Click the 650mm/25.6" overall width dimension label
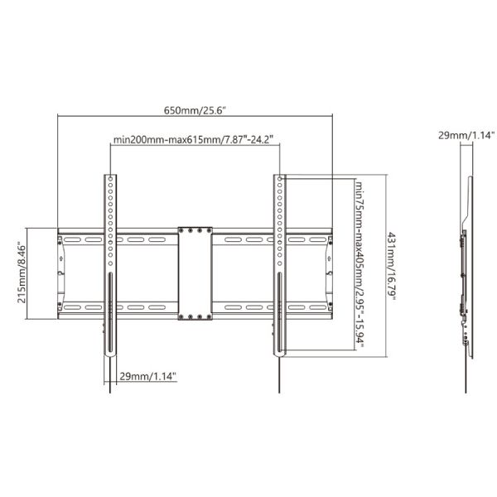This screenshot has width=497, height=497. coord(195,110)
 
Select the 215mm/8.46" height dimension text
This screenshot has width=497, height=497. coord(24,273)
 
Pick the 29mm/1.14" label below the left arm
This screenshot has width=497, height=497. coord(147,376)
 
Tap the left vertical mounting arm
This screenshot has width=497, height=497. coord(110,265)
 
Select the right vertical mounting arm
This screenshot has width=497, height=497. coord(281,265)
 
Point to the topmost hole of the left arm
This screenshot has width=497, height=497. coord(110,180)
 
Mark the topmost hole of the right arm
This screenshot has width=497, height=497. coord(281,180)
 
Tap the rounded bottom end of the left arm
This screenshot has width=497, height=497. coord(110,353)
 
